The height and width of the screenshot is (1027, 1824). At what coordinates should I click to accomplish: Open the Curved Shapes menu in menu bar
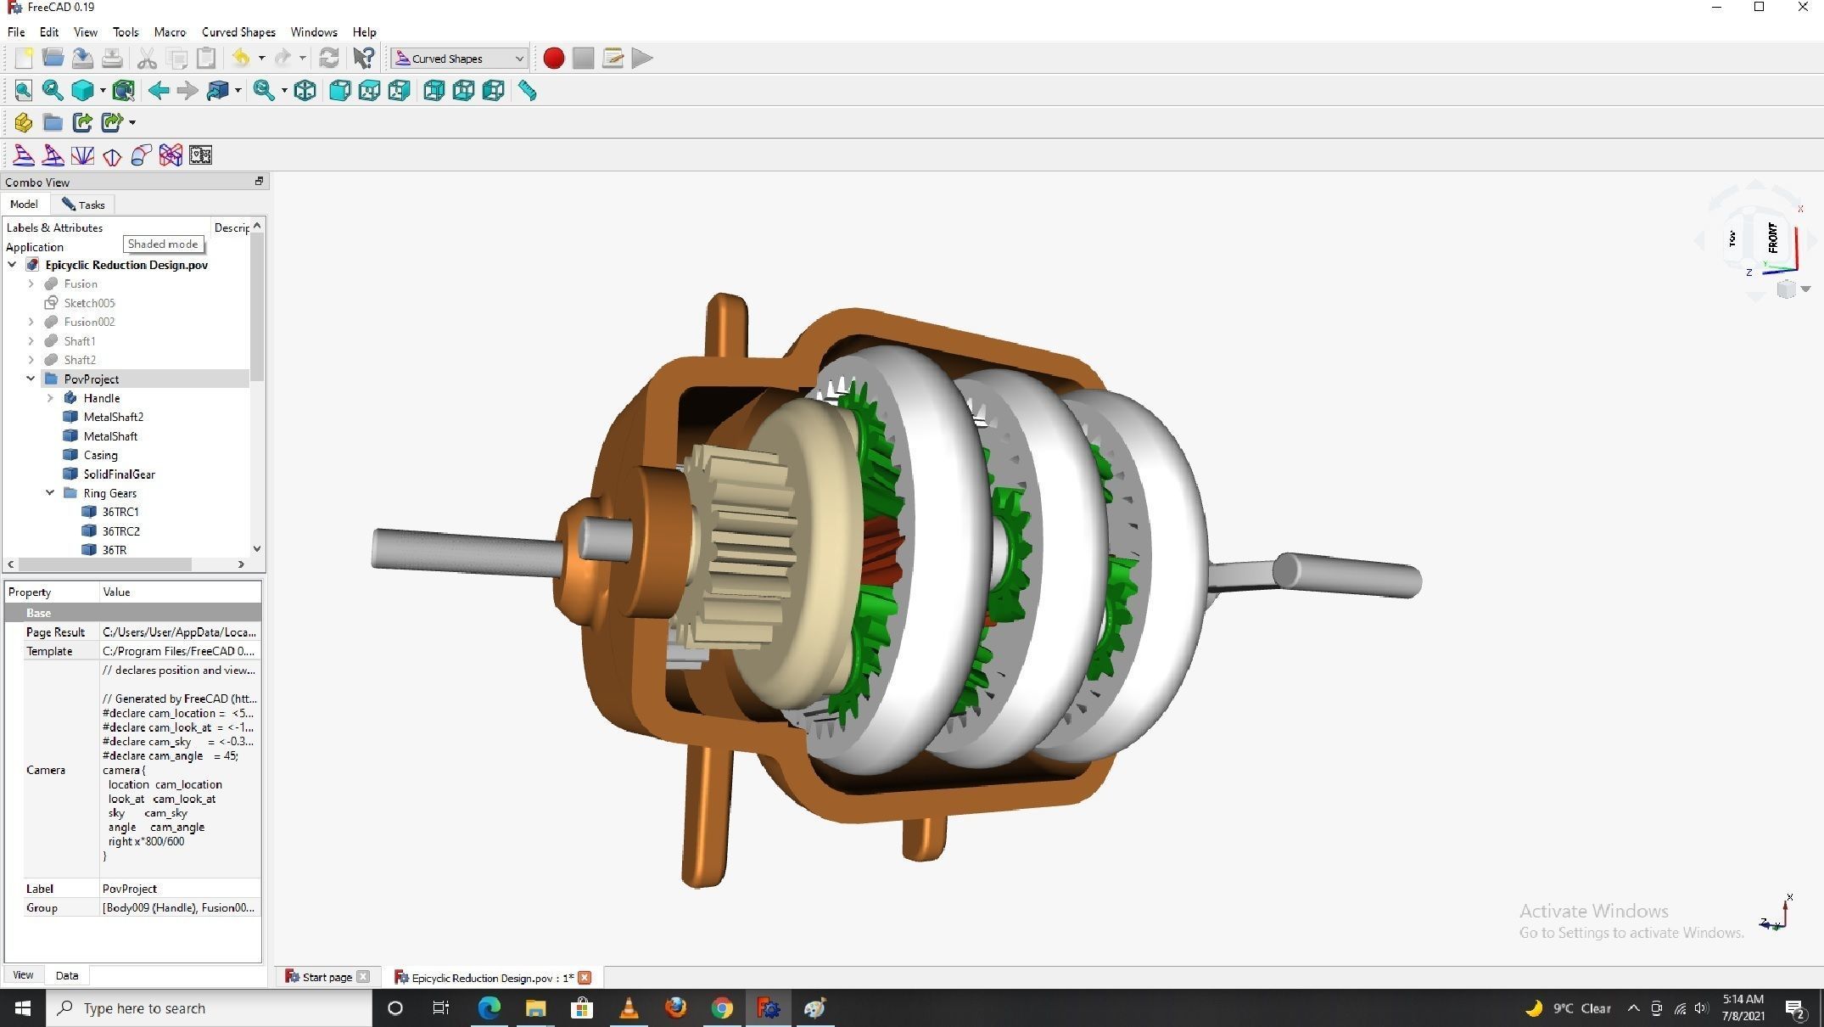(238, 32)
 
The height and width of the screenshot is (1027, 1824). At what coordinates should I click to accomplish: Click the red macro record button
(553, 59)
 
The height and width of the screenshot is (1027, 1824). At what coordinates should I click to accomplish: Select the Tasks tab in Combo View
(83, 205)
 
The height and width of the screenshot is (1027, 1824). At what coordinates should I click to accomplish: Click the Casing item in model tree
(100, 455)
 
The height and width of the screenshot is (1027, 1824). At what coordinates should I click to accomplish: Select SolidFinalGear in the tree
(119, 474)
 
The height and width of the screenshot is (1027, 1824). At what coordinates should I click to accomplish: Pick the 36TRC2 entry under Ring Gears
(120, 531)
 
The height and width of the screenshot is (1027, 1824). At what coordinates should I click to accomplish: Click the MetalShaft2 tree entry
(113, 417)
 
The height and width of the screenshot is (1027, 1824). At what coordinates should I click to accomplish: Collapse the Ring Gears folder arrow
(50, 493)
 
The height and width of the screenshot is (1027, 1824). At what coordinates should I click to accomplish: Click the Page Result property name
(55, 632)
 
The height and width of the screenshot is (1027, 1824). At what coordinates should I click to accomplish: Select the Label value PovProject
(130, 889)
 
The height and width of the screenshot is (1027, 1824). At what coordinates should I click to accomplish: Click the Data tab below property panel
(67, 975)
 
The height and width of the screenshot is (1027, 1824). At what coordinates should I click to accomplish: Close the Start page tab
(363, 977)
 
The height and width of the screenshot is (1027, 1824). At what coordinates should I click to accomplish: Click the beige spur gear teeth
(747, 543)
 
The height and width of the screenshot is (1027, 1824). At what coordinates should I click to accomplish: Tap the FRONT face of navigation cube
(1772, 238)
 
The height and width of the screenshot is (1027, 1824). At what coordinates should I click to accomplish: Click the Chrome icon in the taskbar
(722, 1008)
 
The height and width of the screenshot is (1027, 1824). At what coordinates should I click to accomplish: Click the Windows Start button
(23, 1008)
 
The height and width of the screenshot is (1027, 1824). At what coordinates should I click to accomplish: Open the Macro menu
(170, 32)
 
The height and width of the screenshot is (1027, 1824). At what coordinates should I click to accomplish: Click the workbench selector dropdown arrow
(518, 59)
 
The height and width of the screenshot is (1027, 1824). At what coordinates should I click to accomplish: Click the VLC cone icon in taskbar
(629, 1008)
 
